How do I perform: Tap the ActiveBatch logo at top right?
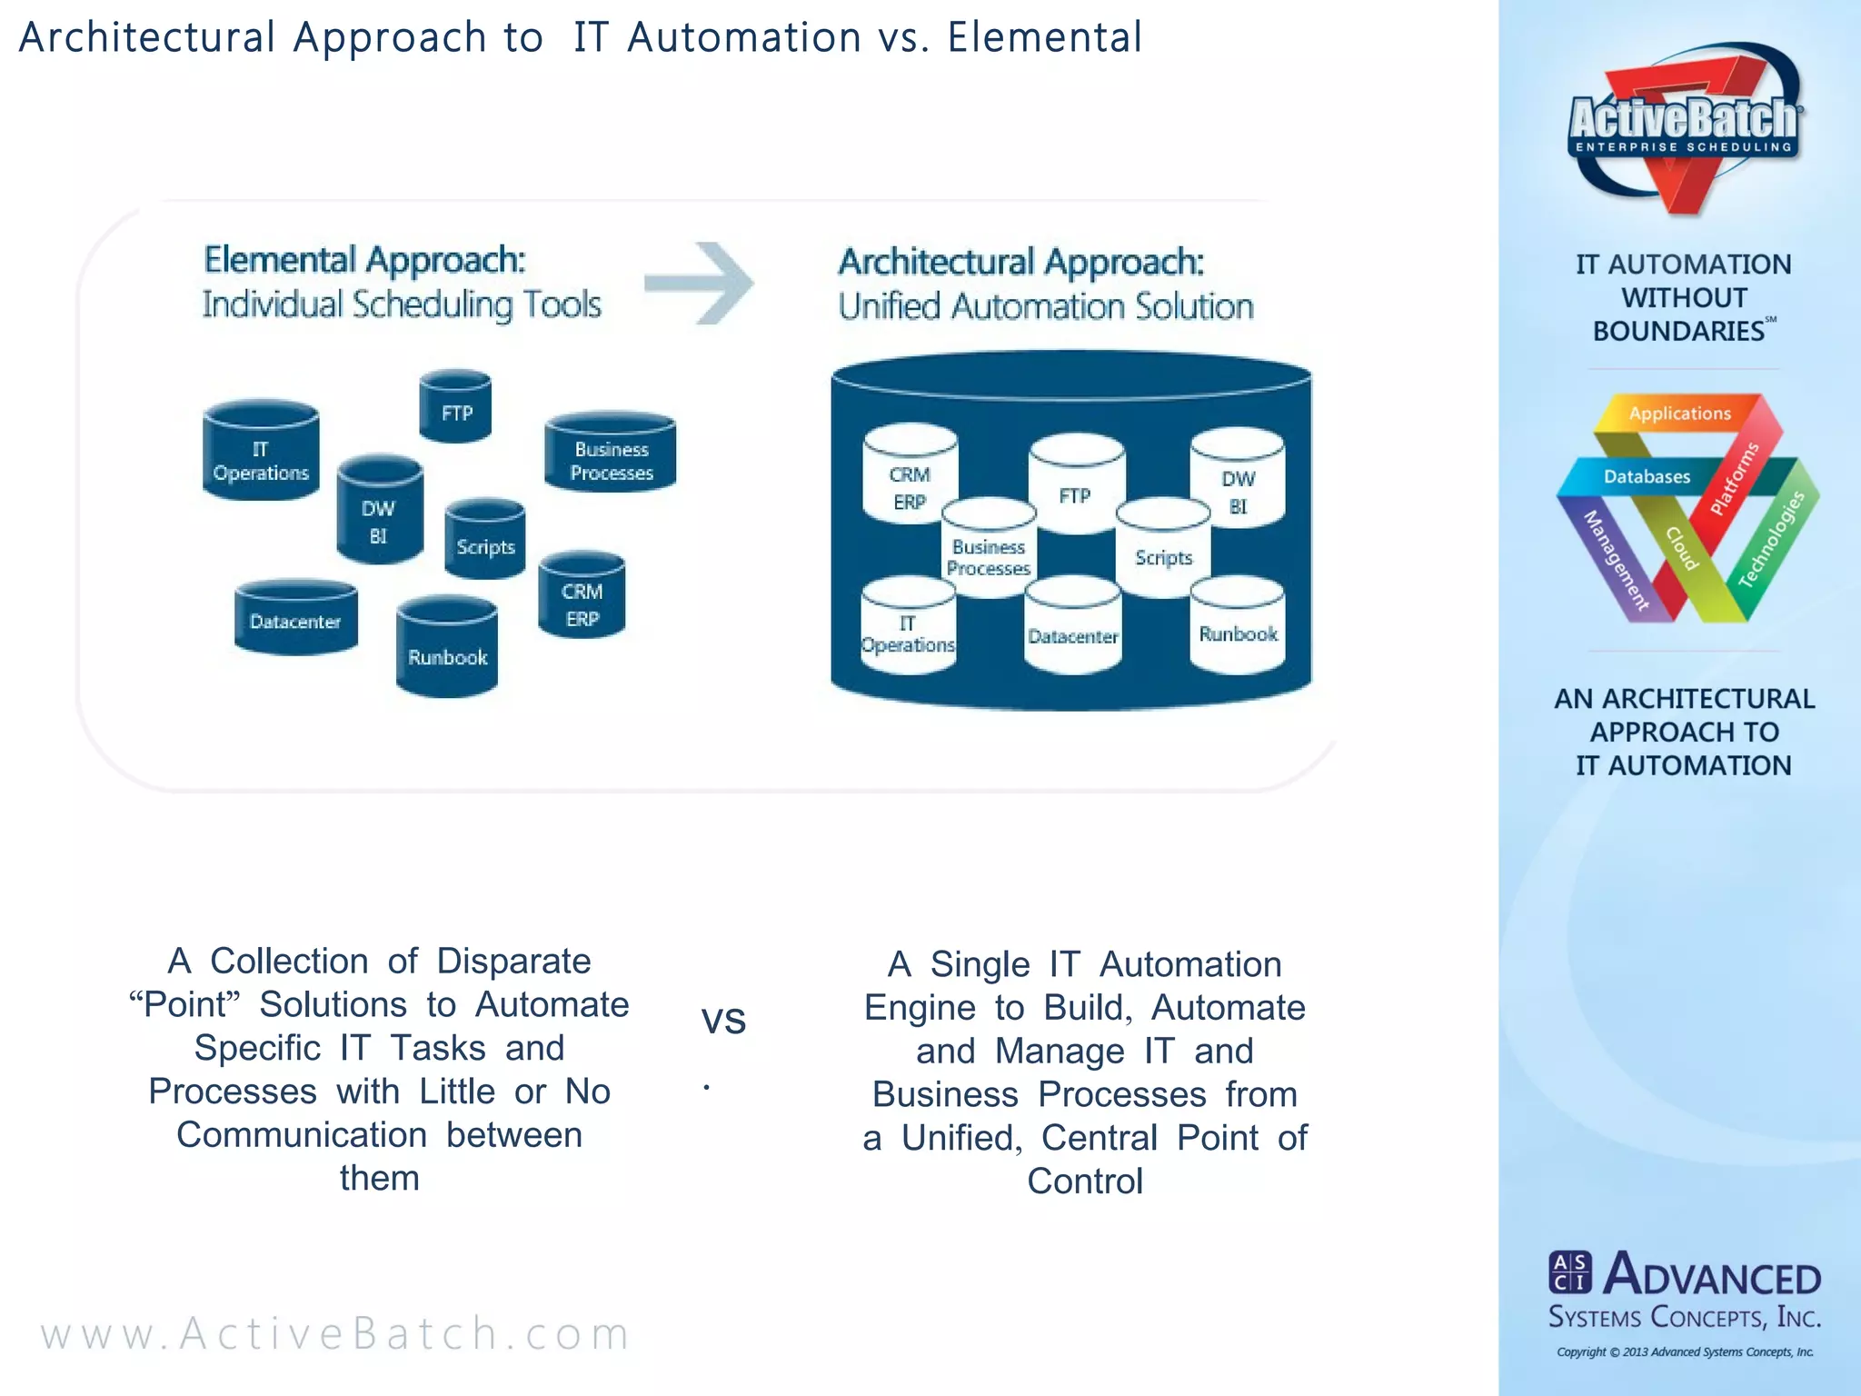[x=1685, y=127]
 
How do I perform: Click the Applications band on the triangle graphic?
[x=1679, y=414]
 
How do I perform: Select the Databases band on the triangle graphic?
[x=1646, y=476]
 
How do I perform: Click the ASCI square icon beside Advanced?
[x=1569, y=1272]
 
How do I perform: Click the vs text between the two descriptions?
[x=723, y=1020]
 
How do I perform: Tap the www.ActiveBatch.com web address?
[x=335, y=1333]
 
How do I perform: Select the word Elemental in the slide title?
[x=1044, y=38]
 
